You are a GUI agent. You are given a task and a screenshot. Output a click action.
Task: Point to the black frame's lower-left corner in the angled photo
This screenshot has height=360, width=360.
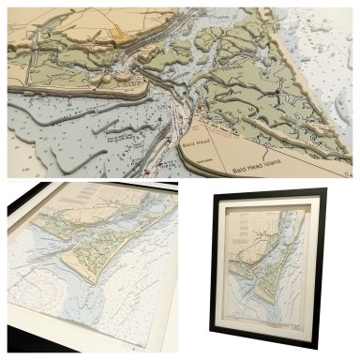pyautogui.click(x=11, y=337)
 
